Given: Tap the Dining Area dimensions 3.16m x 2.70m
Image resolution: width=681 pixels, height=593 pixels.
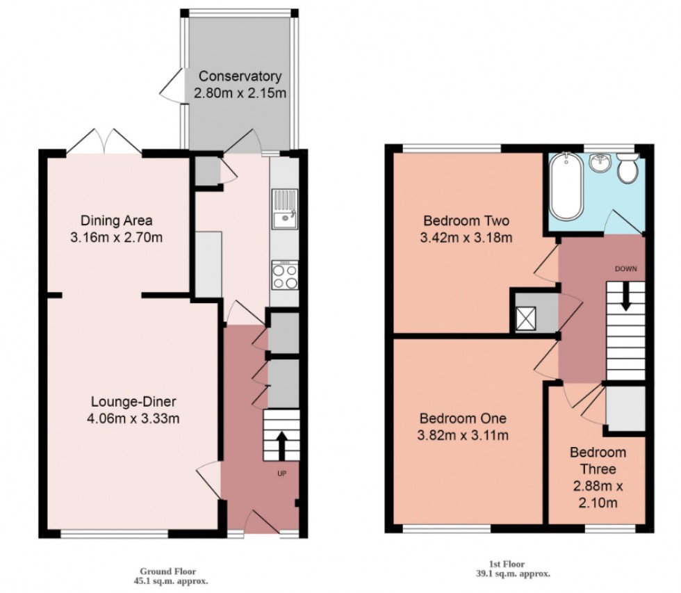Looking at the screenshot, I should coord(117,238).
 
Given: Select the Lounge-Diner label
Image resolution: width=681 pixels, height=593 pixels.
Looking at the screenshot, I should coord(134,402).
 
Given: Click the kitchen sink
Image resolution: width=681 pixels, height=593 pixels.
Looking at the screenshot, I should coord(284,219).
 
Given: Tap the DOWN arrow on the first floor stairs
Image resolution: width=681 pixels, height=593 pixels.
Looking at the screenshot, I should coord(625,297).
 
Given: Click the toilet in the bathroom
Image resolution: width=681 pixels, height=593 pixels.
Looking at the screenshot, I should coord(628,169).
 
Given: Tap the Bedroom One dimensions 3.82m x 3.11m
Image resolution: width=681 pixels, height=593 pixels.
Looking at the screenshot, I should coord(463,436).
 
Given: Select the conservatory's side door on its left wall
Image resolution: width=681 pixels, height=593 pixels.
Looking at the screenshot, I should coord(170,87).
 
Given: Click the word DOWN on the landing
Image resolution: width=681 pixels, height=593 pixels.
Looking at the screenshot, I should coord(625,268).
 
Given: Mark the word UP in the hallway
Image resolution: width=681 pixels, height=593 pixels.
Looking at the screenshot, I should coord(281,474).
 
